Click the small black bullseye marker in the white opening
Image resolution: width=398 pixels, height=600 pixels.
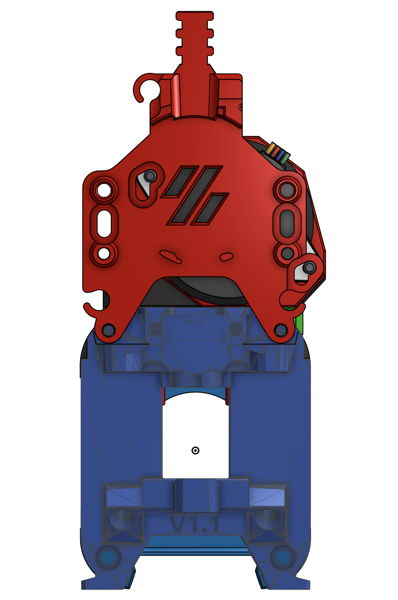coord(195,450)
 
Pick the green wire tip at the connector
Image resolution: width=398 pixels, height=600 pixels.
coord(285,157)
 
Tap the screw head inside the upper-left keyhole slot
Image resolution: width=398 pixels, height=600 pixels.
coord(150,176)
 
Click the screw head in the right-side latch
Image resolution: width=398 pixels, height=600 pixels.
coord(309,267)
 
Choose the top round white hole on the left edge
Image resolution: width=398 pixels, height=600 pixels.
coord(104,190)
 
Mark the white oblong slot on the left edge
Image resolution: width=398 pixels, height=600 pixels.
coord(104,223)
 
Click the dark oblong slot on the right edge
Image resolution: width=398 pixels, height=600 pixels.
coord(287,223)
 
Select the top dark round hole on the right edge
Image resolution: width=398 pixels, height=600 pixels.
coord(287,190)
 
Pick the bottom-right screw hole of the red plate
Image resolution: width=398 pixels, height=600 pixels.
coord(280,330)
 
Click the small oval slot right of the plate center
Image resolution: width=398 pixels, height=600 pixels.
coord(226,256)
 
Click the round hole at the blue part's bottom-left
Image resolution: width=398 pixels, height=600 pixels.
coord(108,557)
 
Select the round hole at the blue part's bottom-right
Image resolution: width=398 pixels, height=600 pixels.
coord(283,557)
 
